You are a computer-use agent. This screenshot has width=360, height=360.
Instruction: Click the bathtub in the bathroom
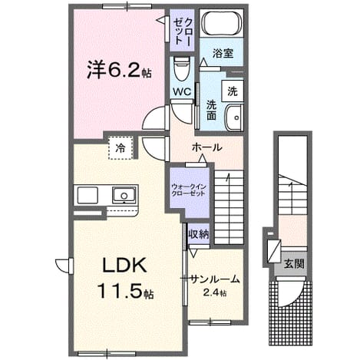(x=222, y=23)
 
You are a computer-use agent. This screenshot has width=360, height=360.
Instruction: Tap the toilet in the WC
(x=182, y=68)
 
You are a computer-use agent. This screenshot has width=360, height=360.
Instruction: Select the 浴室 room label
(x=223, y=53)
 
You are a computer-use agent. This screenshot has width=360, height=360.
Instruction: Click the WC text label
(x=182, y=91)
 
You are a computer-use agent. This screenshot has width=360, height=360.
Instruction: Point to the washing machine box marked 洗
(x=233, y=91)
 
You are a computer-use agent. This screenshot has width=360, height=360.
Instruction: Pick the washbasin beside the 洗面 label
(x=234, y=117)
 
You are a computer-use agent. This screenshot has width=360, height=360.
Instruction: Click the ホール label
(x=207, y=147)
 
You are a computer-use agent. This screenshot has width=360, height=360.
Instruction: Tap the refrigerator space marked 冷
(x=121, y=147)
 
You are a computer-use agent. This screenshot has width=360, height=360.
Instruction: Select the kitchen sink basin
(x=124, y=195)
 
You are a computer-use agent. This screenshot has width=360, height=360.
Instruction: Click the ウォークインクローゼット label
(x=189, y=190)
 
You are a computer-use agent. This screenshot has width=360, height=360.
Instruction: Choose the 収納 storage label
(x=199, y=234)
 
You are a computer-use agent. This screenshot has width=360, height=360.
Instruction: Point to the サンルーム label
(x=214, y=279)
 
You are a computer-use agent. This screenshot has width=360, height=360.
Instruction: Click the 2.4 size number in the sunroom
(x=211, y=292)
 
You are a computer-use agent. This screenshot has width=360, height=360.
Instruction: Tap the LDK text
(x=124, y=265)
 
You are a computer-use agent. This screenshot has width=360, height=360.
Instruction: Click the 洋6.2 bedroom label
(x=114, y=70)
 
